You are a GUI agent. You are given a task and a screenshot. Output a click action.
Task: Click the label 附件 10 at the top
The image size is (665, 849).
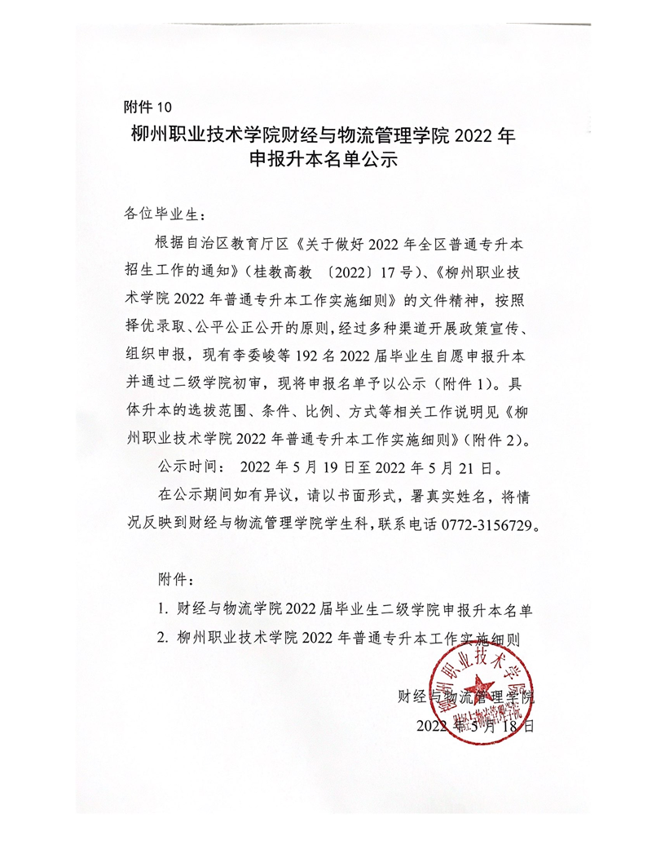[148, 107]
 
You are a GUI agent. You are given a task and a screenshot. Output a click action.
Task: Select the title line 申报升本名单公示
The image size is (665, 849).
[323, 161]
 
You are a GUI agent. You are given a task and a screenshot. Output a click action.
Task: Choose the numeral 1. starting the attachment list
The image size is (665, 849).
[163, 608]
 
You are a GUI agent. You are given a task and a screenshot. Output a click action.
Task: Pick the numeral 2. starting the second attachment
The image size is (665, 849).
[164, 637]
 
